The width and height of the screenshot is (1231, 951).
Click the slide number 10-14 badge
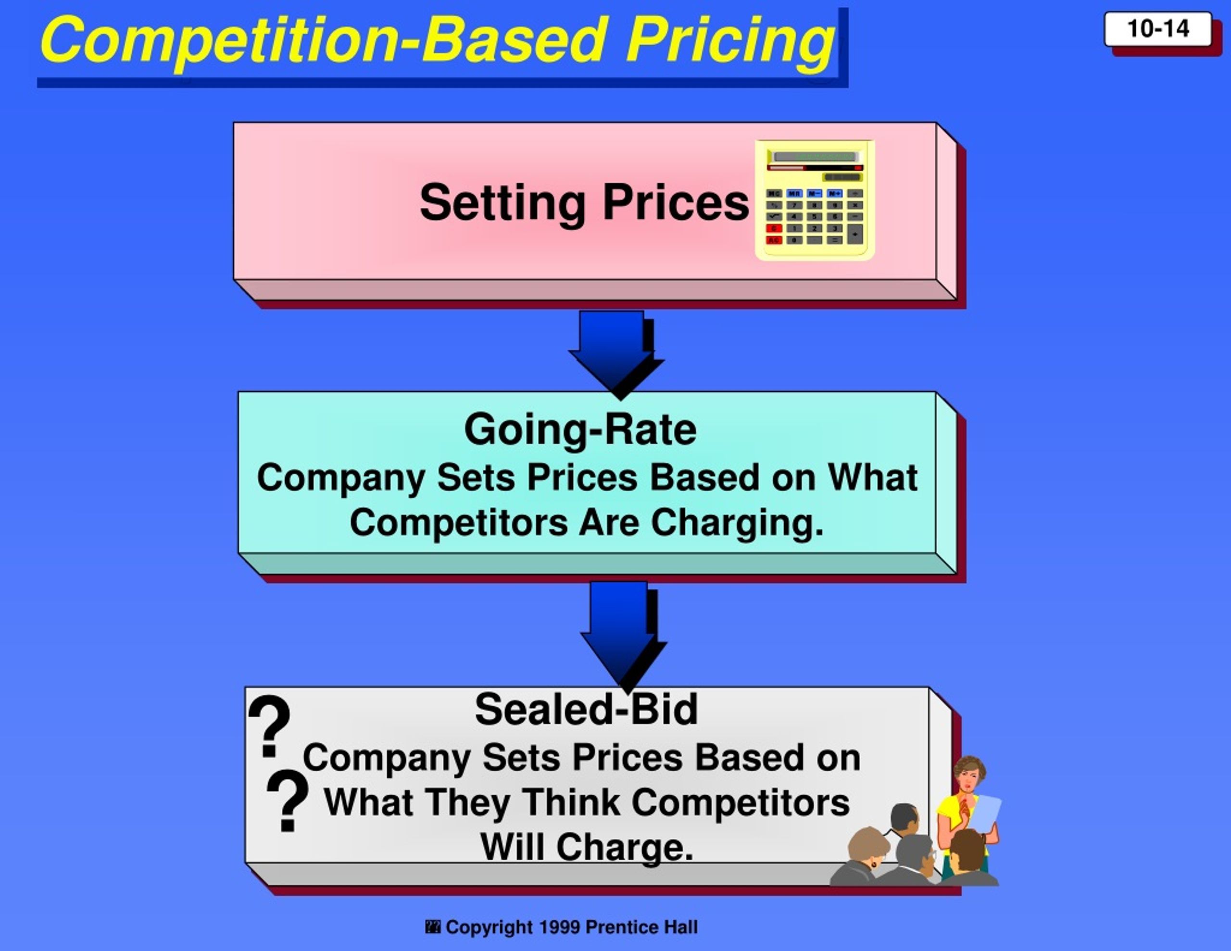(x=1158, y=29)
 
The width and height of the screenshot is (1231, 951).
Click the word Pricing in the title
(x=730, y=40)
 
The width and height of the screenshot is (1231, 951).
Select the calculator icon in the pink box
(x=815, y=200)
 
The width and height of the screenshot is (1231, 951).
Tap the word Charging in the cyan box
(x=737, y=523)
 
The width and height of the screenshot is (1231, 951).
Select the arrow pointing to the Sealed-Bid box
(x=622, y=634)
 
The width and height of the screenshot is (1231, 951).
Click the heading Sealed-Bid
(x=586, y=709)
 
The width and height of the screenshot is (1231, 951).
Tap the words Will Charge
(x=586, y=847)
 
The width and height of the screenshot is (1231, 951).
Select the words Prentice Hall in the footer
(x=641, y=927)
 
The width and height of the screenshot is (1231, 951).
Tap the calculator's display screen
(x=815, y=156)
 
